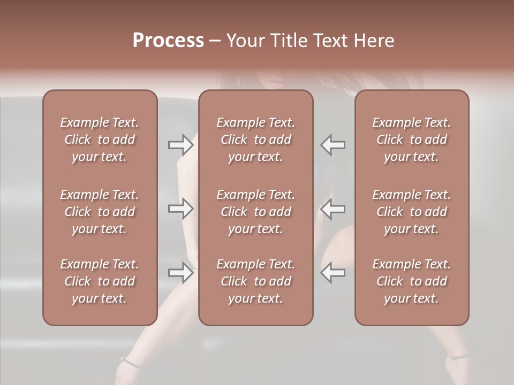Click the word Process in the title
click(x=168, y=40)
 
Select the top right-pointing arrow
click(x=180, y=144)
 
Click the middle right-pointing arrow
click(x=180, y=209)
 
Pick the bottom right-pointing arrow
click(x=180, y=272)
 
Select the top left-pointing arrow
click(x=332, y=144)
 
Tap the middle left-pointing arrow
click(x=332, y=209)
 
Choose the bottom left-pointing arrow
click(x=332, y=272)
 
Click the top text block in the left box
click(x=100, y=140)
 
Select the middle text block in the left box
click(x=100, y=212)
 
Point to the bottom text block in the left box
click(x=100, y=281)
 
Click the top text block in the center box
click(x=255, y=140)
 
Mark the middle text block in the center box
click(x=255, y=212)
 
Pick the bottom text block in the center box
click(x=255, y=281)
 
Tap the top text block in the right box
click(x=411, y=140)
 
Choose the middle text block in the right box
click(x=411, y=212)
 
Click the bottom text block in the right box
click(x=411, y=281)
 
